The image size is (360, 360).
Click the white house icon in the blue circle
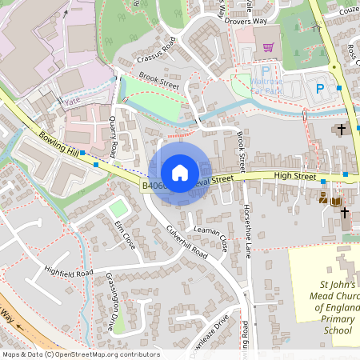coord(180,172)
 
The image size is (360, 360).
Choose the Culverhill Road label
coord(186,238)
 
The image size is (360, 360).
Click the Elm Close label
coord(124,233)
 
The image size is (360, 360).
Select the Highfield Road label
coord(69,272)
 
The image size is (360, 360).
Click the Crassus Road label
coord(155,54)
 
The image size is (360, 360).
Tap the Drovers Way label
coord(244,21)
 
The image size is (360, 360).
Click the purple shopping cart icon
coord(269,46)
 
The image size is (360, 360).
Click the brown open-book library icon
coord(335,199)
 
